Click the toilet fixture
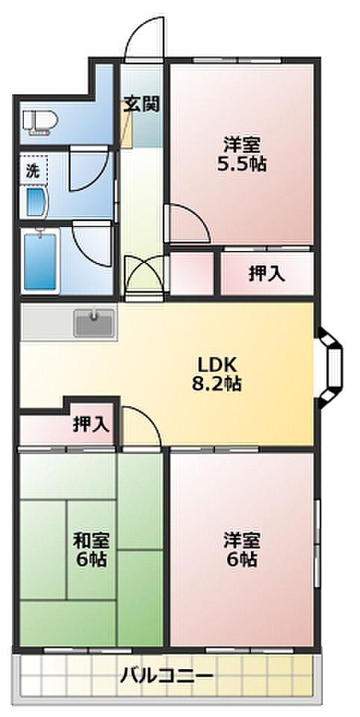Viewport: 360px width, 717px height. click(x=40, y=122)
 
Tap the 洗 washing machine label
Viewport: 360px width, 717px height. click(x=32, y=171)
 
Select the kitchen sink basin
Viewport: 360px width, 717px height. click(x=94, y=322)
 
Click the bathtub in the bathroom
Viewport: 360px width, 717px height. click(x=40, y=261)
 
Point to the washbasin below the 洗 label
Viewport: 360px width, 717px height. click(x=36, y=202)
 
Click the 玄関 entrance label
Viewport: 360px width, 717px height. click(x=142, y=105)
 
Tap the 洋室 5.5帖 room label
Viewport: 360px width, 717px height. click(x=242, y=155)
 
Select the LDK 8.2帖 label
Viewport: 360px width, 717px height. click(x=217, y=374)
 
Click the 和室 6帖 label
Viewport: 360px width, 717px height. click(x=91, y=550)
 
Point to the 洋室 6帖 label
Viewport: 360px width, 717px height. click(x=242, y=549)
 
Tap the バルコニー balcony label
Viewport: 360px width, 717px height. click(x=167, y=675)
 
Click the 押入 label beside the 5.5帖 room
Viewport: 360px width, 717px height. click(x=267, y=273)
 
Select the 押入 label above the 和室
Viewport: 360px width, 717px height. click(x=91, y=424)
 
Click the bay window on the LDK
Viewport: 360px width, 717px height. click(x=331, y=367)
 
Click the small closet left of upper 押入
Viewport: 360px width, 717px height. click(x=192, y=273)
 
